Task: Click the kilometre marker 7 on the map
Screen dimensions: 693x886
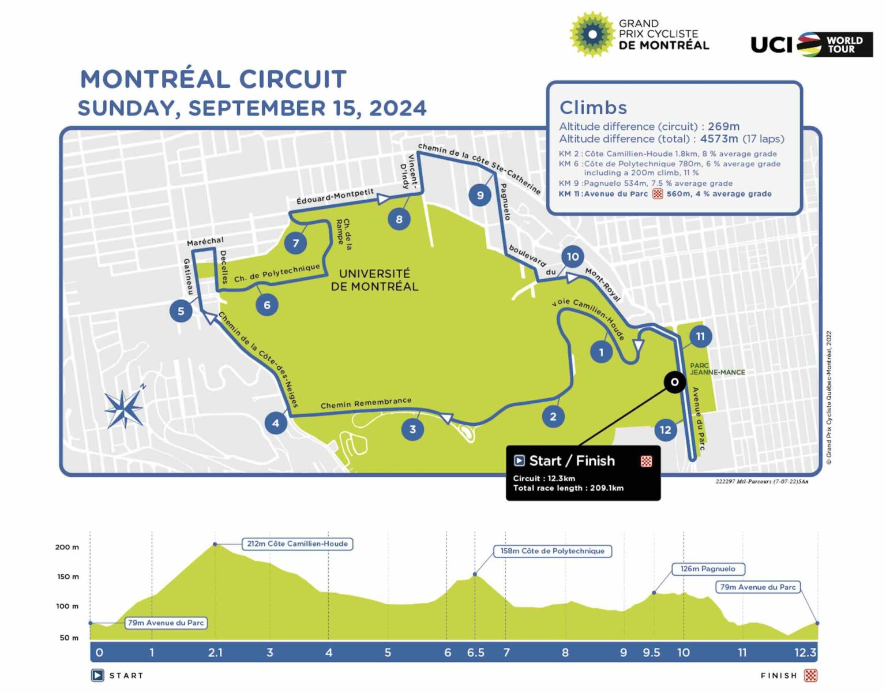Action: coord(295,243)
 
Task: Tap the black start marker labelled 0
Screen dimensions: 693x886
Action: coord(674,382)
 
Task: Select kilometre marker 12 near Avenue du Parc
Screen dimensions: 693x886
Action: coord(665,430)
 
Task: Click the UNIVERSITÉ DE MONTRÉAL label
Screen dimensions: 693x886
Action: coord(374,280)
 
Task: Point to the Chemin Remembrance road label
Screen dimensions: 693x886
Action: coord(366,403)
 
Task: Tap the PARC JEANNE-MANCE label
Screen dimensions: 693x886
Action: coord(717,369)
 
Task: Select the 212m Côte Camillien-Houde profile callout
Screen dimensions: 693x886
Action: coord(297,544)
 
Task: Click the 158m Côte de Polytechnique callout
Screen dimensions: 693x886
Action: coord(552,551)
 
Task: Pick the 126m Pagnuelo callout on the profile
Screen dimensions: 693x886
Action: coord(708,569)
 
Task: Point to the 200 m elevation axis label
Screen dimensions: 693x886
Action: coord(67,547)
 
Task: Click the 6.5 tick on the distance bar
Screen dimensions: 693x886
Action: coord(475,653)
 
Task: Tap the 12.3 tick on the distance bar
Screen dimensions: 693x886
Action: coord(805,653)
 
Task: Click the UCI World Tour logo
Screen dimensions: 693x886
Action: coord(811,44)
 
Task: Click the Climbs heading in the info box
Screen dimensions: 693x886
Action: coord(593,107)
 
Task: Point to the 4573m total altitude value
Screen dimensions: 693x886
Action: coord(719,139)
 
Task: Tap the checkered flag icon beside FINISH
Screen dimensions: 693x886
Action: coord(810,675)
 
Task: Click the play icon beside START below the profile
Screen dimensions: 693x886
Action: coord(97,675)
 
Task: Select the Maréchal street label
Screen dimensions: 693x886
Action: coord(205,241)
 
